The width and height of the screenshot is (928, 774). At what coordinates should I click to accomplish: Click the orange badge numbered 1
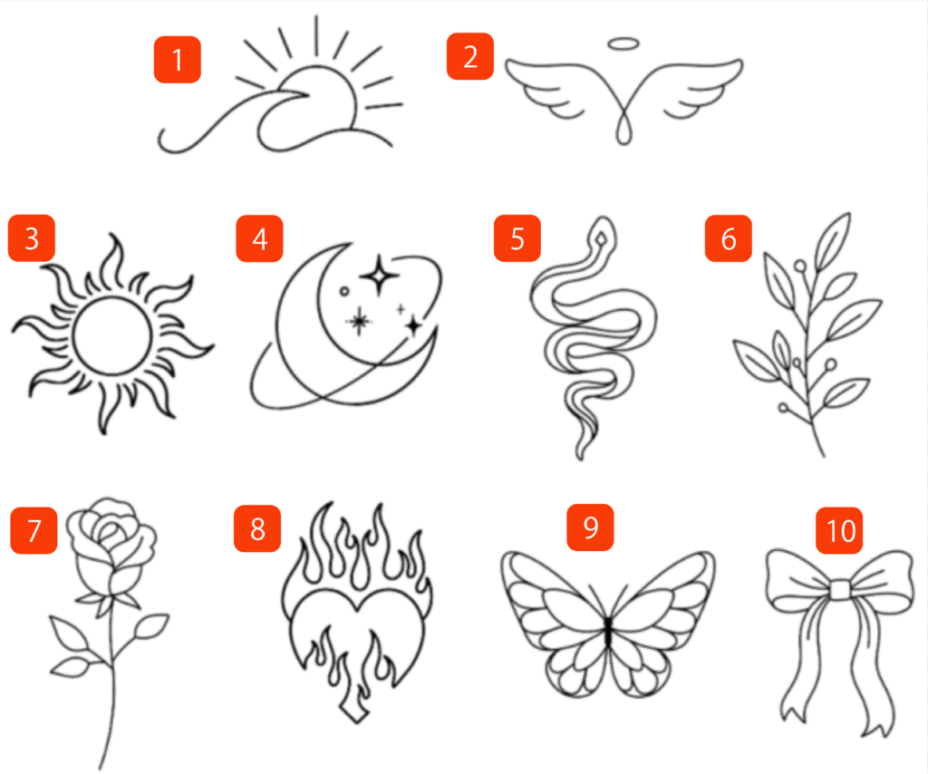[177, 60]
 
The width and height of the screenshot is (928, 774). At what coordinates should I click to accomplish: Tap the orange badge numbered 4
[259, 238]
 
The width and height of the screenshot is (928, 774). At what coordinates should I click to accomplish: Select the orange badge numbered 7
[34, 530]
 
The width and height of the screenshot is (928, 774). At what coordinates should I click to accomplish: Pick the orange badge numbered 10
[840, 530]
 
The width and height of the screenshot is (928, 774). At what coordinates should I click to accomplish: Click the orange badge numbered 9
[590, 527]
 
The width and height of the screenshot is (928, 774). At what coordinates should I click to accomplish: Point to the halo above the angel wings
[623, 44]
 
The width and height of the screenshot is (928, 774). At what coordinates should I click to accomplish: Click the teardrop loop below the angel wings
[623, 131]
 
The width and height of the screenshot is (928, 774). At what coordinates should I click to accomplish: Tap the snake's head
[602, 235]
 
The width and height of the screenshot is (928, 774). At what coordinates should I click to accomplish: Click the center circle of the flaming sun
[111, 335]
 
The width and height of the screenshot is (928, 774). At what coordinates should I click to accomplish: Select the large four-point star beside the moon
[379, 275]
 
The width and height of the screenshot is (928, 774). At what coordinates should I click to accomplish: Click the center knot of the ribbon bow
[838, 590]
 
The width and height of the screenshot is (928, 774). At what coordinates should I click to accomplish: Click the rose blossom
[111, 541]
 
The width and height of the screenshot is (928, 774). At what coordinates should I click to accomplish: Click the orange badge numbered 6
[728, 238]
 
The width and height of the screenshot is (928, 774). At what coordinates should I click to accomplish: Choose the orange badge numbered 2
[470, 56]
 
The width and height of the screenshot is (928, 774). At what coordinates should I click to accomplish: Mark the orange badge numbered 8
[256, 528]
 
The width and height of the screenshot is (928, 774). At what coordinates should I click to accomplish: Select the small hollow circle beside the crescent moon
[343, 291]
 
